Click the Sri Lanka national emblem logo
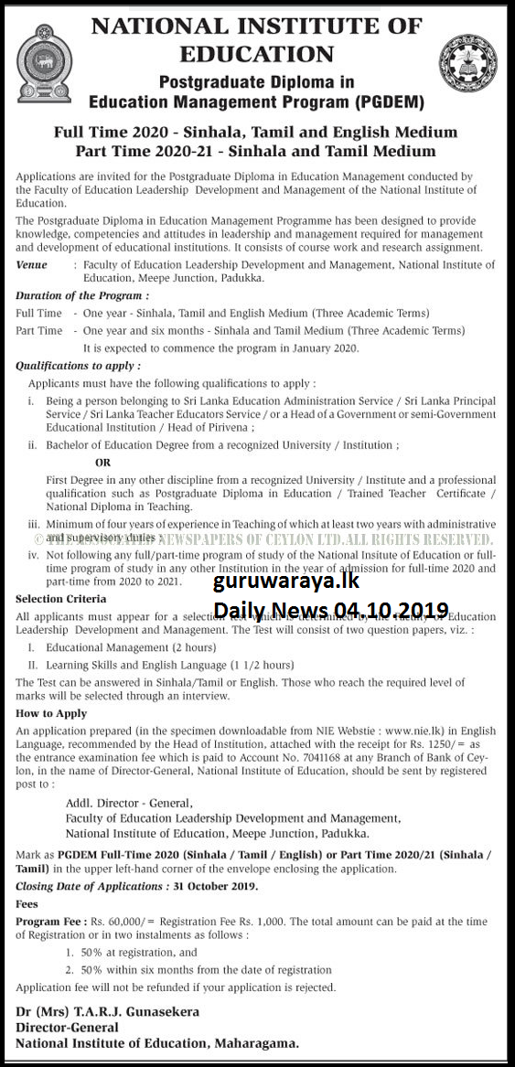[43, 63]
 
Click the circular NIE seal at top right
[468, 64]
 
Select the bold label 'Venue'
[32, 264]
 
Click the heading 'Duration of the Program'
[82, 296]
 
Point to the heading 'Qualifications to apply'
[78, 365]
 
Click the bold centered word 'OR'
[102, 463]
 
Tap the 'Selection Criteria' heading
[58, 598]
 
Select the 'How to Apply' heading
[51, 713]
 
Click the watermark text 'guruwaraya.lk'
[286, 582]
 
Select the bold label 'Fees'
[27, 902]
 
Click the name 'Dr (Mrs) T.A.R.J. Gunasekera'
[108, 1011]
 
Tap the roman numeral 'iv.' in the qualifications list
[34, 554]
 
